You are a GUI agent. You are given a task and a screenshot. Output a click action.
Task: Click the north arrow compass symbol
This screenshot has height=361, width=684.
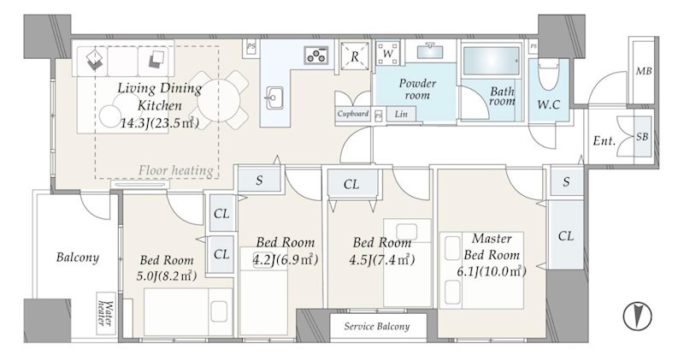click(637, 315)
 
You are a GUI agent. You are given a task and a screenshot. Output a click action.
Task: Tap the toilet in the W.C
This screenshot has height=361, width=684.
click(548, 74)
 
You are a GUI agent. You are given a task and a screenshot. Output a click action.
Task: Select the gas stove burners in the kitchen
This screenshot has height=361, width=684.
click(316, 55)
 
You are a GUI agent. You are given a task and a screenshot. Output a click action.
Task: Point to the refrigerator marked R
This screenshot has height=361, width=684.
click(354, 56)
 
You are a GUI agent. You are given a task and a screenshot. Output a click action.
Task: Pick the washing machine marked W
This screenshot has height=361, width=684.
click(387, 53)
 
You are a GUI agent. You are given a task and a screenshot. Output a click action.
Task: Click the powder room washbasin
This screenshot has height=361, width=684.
click(431, 51)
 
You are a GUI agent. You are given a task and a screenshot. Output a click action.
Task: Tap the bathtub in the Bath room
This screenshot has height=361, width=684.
click(492, 61)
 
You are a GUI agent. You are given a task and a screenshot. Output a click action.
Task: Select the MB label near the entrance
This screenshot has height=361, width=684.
click(644, 71)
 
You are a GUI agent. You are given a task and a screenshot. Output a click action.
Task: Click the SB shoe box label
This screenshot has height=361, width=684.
click(642, 137)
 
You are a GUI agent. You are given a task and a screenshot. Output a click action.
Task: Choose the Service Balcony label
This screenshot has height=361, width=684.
click(376, 326)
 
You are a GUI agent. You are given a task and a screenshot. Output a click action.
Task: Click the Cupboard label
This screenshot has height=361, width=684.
click(353, 114)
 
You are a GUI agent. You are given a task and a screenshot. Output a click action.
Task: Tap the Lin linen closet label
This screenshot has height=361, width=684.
click(401, 114)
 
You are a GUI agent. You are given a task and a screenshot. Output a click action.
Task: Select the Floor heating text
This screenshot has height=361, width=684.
click(176, 169)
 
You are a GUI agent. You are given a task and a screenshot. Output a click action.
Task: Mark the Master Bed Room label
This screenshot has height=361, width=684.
click(492, 246)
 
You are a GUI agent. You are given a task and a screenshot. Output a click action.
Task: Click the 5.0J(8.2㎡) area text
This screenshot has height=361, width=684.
click(165, 275)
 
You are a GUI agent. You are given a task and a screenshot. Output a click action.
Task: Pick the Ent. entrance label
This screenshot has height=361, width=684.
click(604, 141)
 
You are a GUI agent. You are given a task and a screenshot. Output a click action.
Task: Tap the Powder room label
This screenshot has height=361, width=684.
click(417, 89)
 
